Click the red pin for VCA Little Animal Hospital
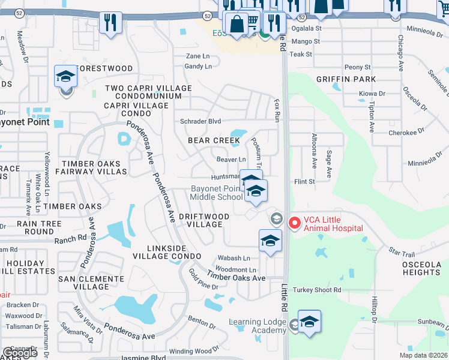[294, 223]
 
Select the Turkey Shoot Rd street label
[316, 290]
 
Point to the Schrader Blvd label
[200, 121]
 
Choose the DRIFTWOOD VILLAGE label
[196, 220]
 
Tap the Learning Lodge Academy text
[258, 326]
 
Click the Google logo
[20, 353]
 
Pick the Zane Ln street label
[197, 56]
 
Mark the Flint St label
[304, 181]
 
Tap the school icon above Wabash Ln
[270, 241]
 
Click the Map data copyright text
[423, 355]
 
